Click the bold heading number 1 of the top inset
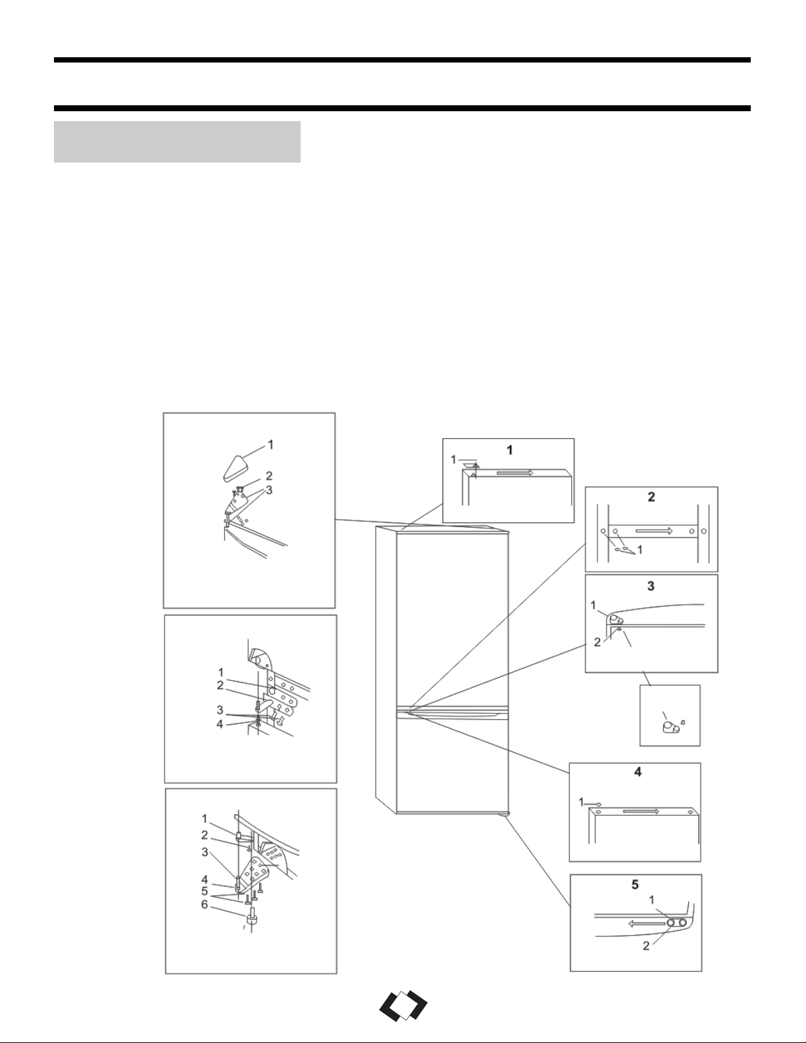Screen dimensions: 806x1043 [510, 449]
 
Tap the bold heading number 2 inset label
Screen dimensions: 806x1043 [651, 497]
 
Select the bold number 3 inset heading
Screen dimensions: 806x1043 [651, 586]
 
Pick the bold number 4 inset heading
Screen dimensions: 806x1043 [638, 772]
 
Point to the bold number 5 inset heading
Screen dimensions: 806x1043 [635, 884]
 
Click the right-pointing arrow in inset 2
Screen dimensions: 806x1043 [655, 531]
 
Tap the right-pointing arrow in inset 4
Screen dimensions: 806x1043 [641, 811]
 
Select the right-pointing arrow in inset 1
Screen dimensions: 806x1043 [515, 472]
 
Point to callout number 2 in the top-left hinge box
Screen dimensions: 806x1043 [269, 476]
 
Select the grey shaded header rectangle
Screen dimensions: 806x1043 [177, 141]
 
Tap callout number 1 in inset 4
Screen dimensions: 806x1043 [582, 801]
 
